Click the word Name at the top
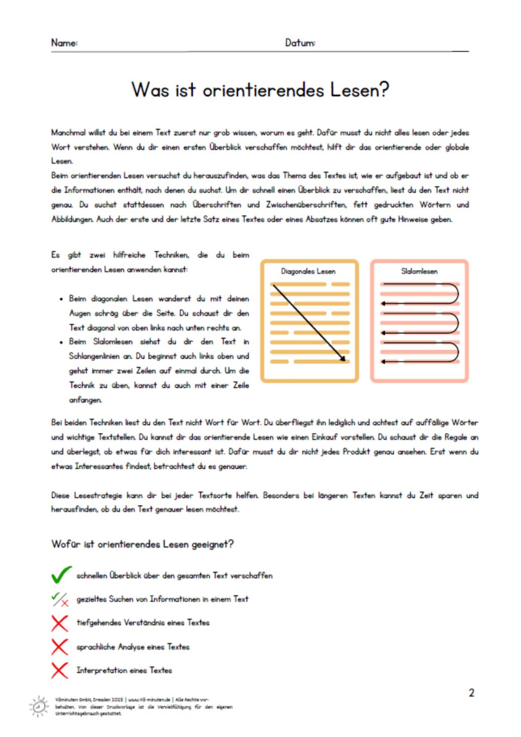click(x=64, y=43)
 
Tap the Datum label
click(x=300, y=43)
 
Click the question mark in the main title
click(x=382, y=90)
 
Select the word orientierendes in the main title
click(x=263, y=91)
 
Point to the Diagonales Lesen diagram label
click(x=308, y=271)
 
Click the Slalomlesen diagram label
click(x=419, y=271)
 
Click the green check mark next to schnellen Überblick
click(x=61, y=575)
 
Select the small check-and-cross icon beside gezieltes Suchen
click(x=60, y=599)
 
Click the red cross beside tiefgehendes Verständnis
click(x=60, y=623)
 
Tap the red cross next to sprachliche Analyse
click(x=60, y=647)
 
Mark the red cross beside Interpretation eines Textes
click(x=60, y=670)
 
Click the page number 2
click(x=471, y=692)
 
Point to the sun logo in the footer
click(x=39, y=706)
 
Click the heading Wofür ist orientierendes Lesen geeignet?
click(x=142, y=544)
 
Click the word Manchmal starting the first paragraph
click(x=68, y=133)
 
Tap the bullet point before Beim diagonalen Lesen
click(x=61, y=299)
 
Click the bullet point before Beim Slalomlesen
click(x=61, y=342)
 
